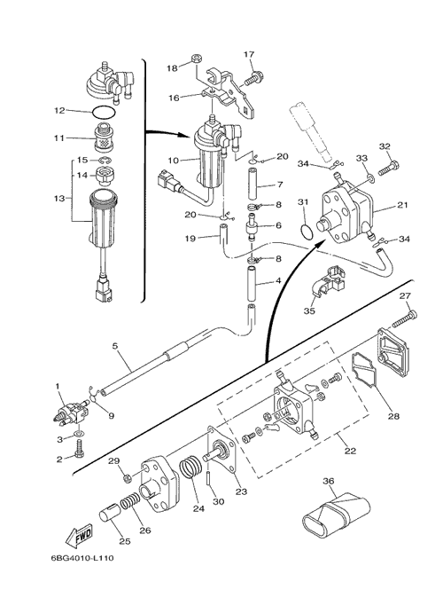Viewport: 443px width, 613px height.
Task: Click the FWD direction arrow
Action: pos(79,535)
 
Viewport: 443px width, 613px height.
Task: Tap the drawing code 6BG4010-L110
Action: pos(82,558)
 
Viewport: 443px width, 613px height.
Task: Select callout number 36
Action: pos(329,481)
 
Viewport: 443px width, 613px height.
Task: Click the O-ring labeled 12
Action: pos(105,114)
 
